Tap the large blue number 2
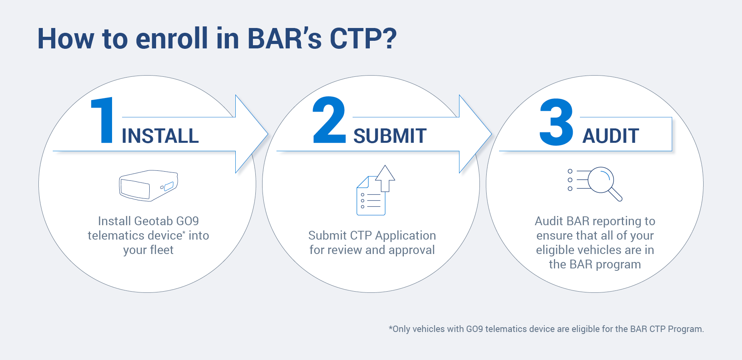tap(329, 120)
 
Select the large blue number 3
tap(556, 122)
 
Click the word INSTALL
tap(160, 136)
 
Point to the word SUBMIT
tap(390, 136)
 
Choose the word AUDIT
tap(610, 136)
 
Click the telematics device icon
tap(148, 185)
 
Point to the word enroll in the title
tap(172, 39)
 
